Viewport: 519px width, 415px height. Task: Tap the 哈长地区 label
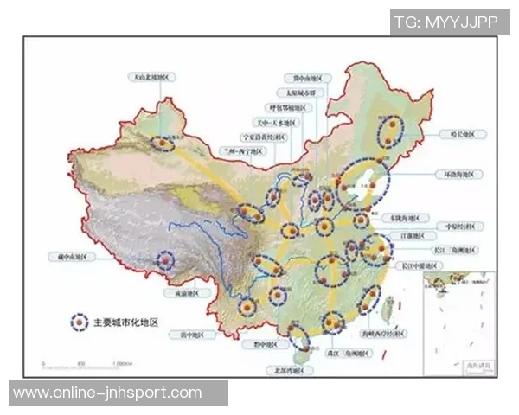463,134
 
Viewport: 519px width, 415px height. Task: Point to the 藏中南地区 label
68,257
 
